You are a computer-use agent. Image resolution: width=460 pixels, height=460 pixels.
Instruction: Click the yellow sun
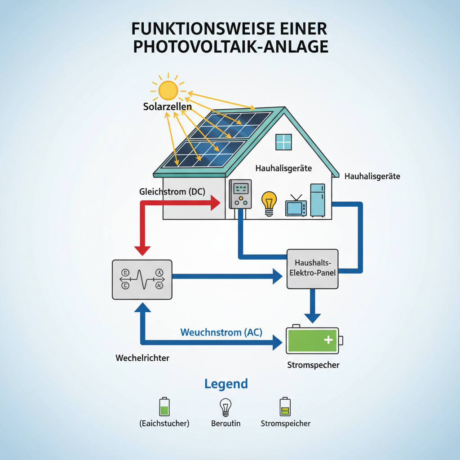(x=168, y=90)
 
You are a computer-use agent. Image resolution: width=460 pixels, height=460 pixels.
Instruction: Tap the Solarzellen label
(x=168, y=107)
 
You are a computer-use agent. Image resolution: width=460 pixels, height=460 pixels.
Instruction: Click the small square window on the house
(x=284, y=142)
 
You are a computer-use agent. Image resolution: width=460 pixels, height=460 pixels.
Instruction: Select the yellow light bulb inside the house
(x=269, y=202)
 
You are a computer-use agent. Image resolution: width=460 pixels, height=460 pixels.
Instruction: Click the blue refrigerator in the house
(x=317, y=200)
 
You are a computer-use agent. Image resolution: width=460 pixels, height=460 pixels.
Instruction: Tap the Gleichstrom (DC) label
(x=172, y=192)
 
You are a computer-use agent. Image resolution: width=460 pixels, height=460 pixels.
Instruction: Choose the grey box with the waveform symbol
(x=142, y=279)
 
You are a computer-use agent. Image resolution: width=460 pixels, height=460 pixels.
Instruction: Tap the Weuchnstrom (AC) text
(x=221, y=332)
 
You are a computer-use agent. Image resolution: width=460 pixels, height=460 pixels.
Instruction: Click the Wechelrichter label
(x=142, y=358)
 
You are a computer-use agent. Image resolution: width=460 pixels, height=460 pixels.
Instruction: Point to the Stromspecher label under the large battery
(x=313, y=365)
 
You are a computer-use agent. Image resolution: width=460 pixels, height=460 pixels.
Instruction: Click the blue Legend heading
(x=226, y=384)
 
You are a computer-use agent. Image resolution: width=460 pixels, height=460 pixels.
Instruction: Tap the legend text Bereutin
(x=226, y=423)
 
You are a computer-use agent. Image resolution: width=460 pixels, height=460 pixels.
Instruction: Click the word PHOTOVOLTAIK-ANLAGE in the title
(x=230, y=47)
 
